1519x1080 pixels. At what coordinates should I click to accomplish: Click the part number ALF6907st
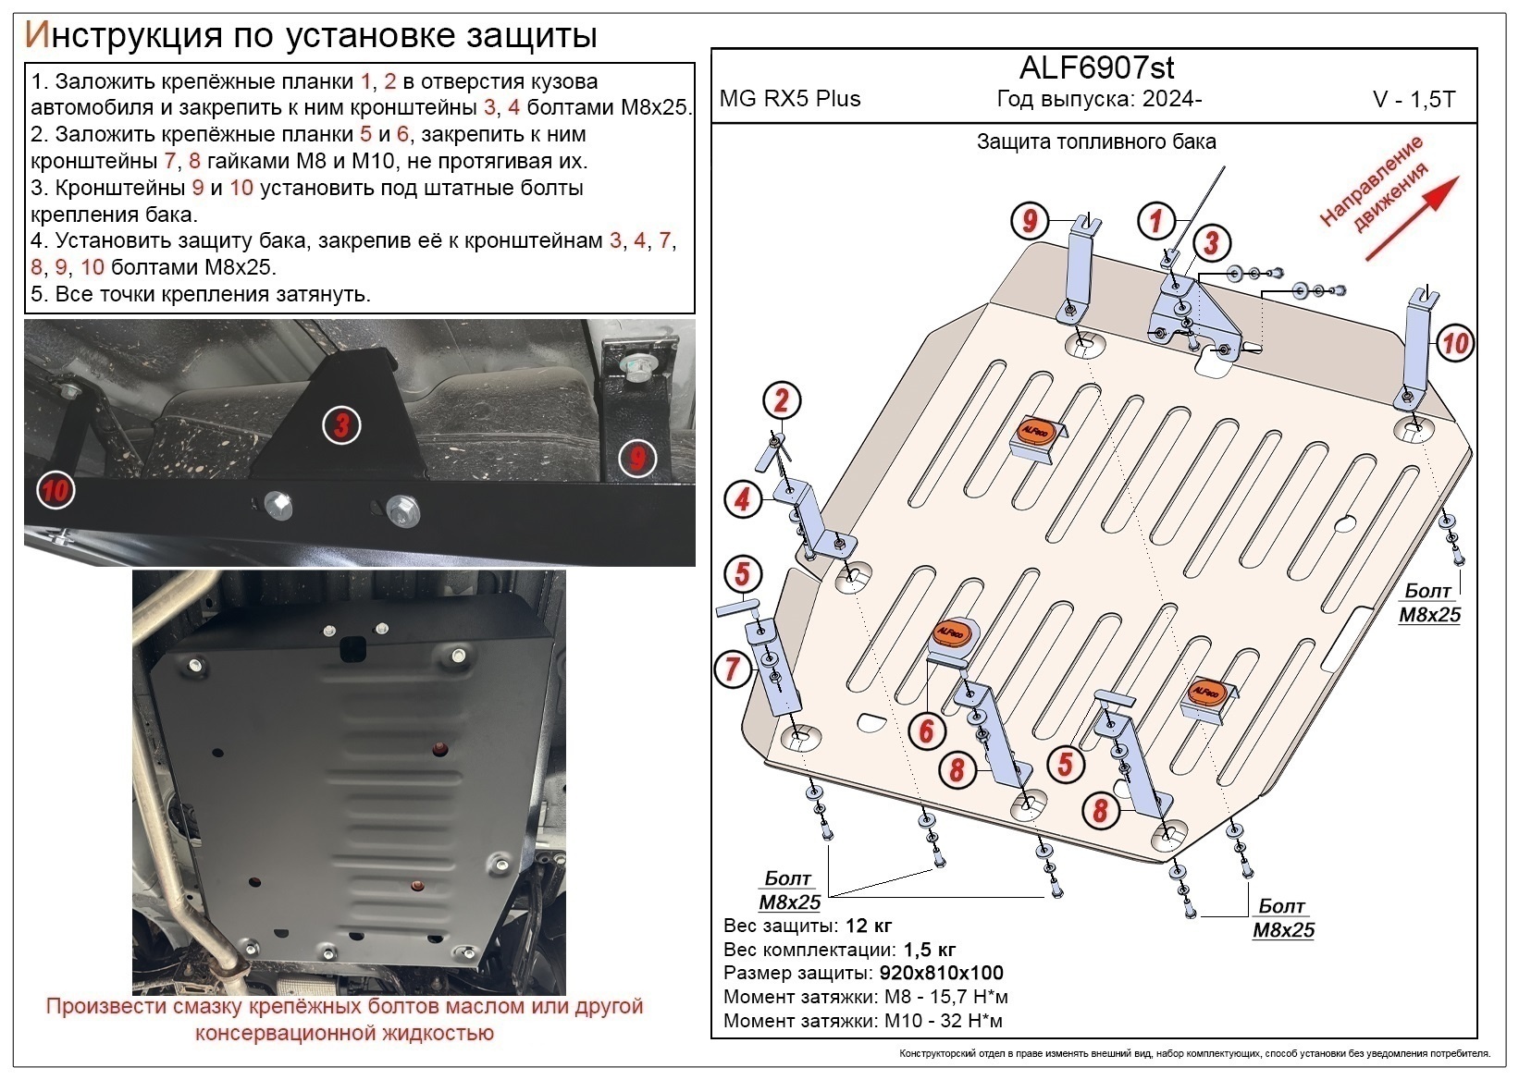click(1096, 67)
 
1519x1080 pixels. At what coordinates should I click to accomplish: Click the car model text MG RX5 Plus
click(790, 99)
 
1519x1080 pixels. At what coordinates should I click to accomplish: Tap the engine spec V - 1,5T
click(1414, 100)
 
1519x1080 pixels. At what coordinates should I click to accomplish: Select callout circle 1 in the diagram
click(1155, 221)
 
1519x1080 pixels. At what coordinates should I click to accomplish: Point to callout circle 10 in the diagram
click(1454, 344)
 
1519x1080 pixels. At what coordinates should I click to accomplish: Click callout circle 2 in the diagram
click(782, 401)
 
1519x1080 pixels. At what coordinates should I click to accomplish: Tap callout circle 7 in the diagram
click(733, 668)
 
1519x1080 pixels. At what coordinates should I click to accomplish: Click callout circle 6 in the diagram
click(926, 731)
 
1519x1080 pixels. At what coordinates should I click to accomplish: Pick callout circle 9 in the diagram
click(1029, 221)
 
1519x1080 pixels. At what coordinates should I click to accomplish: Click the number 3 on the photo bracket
click(341, 426)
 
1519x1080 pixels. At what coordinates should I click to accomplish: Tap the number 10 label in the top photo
click(55, 489)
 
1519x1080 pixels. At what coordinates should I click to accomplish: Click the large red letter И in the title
click(35, 35)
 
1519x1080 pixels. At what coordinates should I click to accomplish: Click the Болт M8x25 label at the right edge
click(1428, 603)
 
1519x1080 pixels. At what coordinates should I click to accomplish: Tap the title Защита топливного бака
click(1096, 142)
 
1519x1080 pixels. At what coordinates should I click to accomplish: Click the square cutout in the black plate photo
click(352, 649)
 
